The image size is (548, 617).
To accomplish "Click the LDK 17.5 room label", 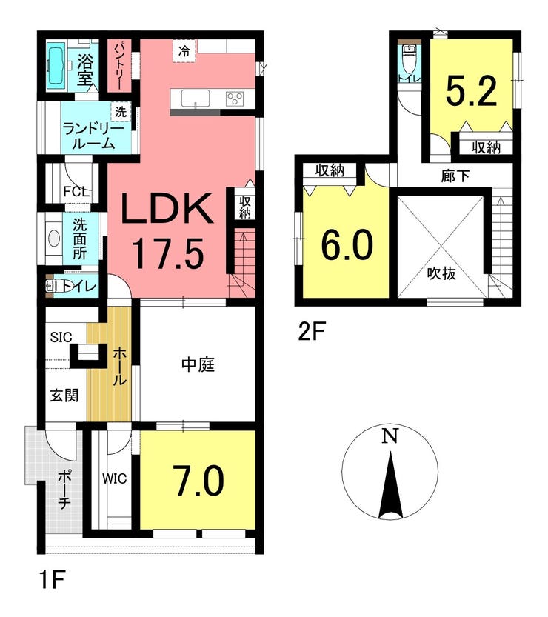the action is pyautogui.click(x=168, y=231).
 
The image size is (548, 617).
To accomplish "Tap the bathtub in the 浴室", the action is pyautogui.click(x=56, y=66).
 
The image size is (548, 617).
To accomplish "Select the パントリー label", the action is pyautogui.click(x=120, y=66).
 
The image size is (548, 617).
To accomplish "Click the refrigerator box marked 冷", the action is pyautogui.click(x=184, y=51).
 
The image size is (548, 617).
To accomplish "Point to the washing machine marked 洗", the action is pyautogui.click(x=121, y=112).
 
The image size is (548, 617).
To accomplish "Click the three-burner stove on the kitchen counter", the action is pyautogui.click(x=235, y=99).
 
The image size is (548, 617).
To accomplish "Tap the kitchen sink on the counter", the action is pyautogui.click(x=195, y=98).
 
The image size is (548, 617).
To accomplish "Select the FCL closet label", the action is pyautogui.click(x=76, y=192).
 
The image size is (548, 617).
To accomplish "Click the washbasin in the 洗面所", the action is pyautogui.click(x=54, y=239).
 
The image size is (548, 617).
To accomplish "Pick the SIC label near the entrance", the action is pyautogui.click(x=61, y=337).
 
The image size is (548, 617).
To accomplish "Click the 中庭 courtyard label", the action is pyautogui.click(x=198, y=364).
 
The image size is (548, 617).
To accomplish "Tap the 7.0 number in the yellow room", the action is pyautogui.click(x=200, y=481).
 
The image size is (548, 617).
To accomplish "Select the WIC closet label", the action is pyautogui.click(x=115, y=478).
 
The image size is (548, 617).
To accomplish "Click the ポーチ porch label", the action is pyautogui.click(x=64, y=490).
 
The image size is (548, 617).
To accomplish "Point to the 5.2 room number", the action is pyautogui.click(x=471, y=91).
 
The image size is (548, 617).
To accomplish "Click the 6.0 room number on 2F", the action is pyautogui.click(x=347, y=244).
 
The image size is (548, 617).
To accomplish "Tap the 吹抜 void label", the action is pyautogui.click(x=441, y=273).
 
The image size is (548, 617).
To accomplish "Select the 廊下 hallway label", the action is pyautogui.click(x=455, y=176).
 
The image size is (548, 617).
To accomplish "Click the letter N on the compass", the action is pyautogui.click(x=391, y=436).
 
